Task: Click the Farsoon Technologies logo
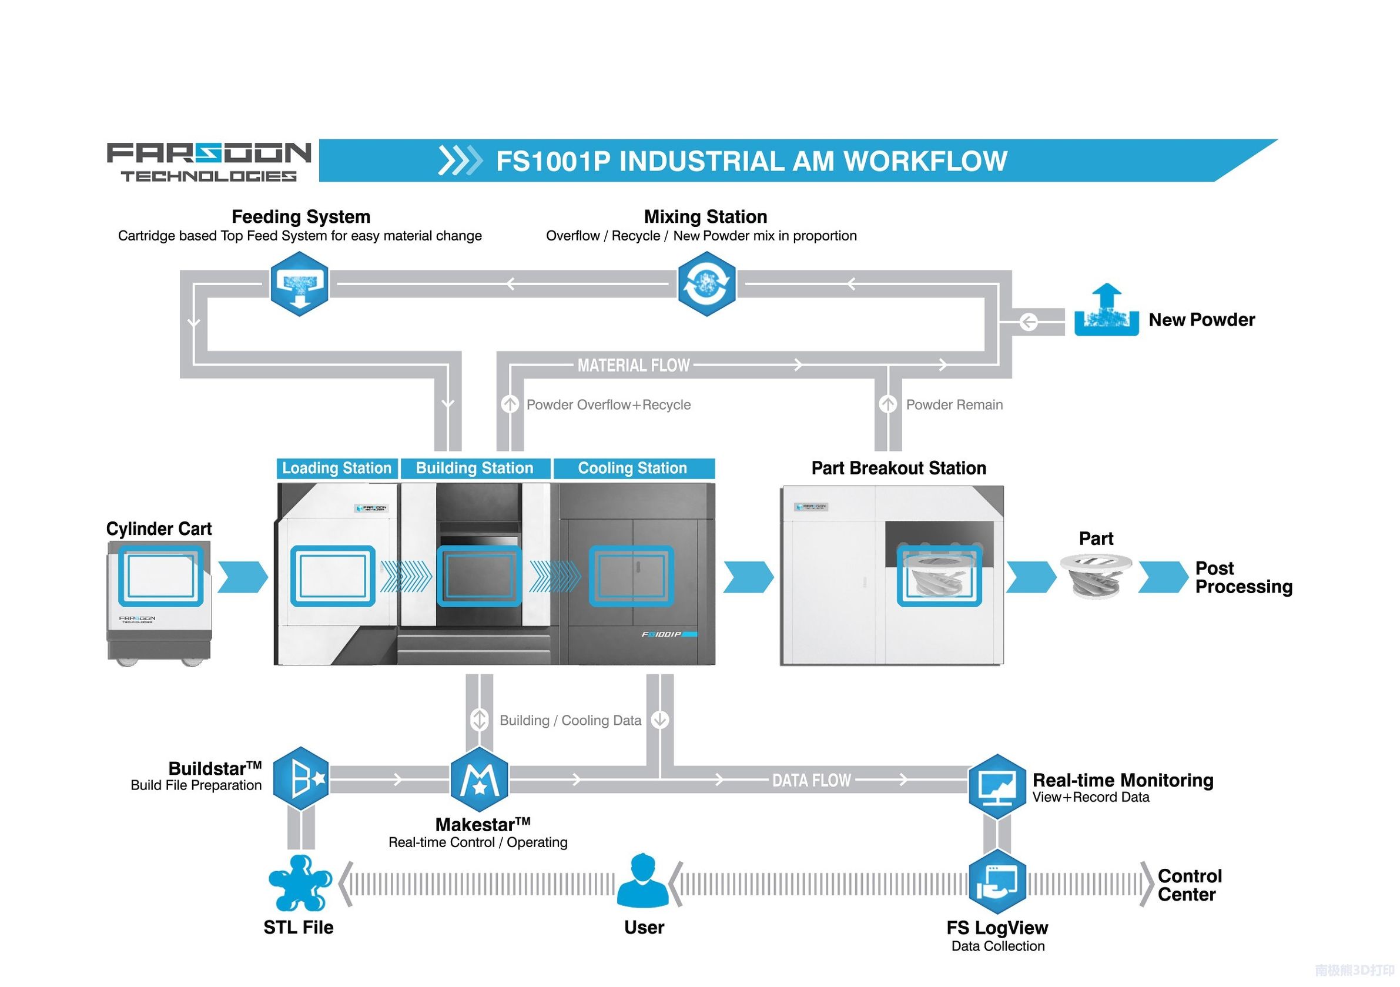click(209, 162)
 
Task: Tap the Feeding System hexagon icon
click(299, 284)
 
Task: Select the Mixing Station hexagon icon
click(706, 284)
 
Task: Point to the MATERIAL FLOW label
click(634, 366)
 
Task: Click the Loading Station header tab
click(337, 469)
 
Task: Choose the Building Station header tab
click(474, 469)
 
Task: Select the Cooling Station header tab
click(632, 469)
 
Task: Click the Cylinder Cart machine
click(160, 601)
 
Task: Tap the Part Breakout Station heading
click(898, 469)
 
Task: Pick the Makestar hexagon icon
click(479, 779)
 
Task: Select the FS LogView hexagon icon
click(997, 882)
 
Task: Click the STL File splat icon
click(299, 883)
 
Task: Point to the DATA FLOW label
click(811, 781)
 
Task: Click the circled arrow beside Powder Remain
click(888, 404)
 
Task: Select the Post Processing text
click(1243, 577)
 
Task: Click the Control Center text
click(1190, 885)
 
